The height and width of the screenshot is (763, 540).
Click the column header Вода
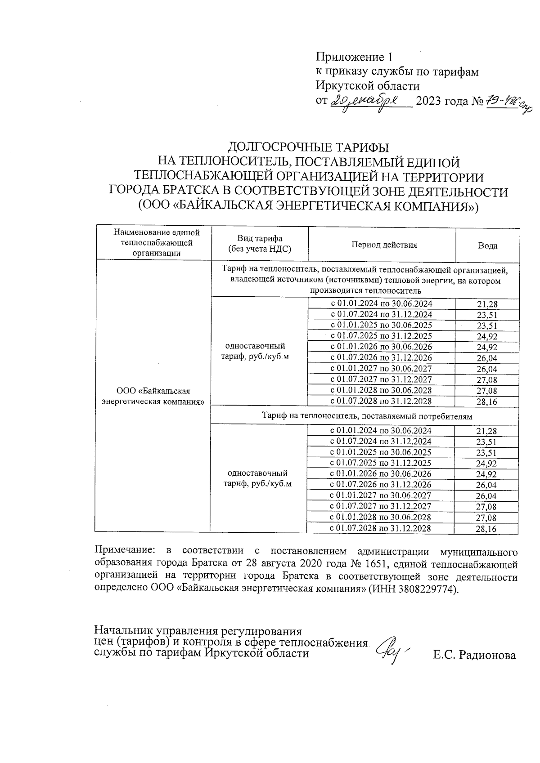(x=487, y=246)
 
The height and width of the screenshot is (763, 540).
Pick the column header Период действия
(x=384, y=245)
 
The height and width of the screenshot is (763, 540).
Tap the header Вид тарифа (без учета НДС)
(x=260, y=244)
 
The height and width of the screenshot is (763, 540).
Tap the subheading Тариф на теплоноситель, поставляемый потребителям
(x=367, y=416)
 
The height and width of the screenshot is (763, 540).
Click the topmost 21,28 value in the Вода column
(x=487, y=304)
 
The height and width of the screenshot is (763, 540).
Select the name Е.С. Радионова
(x=474, y=656)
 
